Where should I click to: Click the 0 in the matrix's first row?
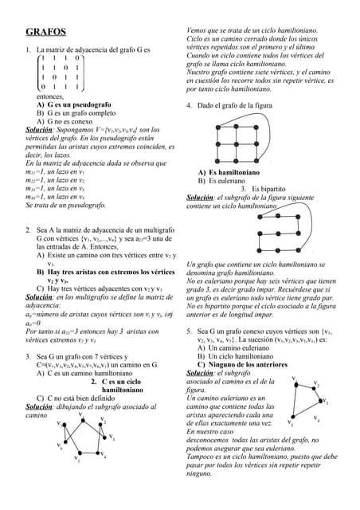point(76,57)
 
